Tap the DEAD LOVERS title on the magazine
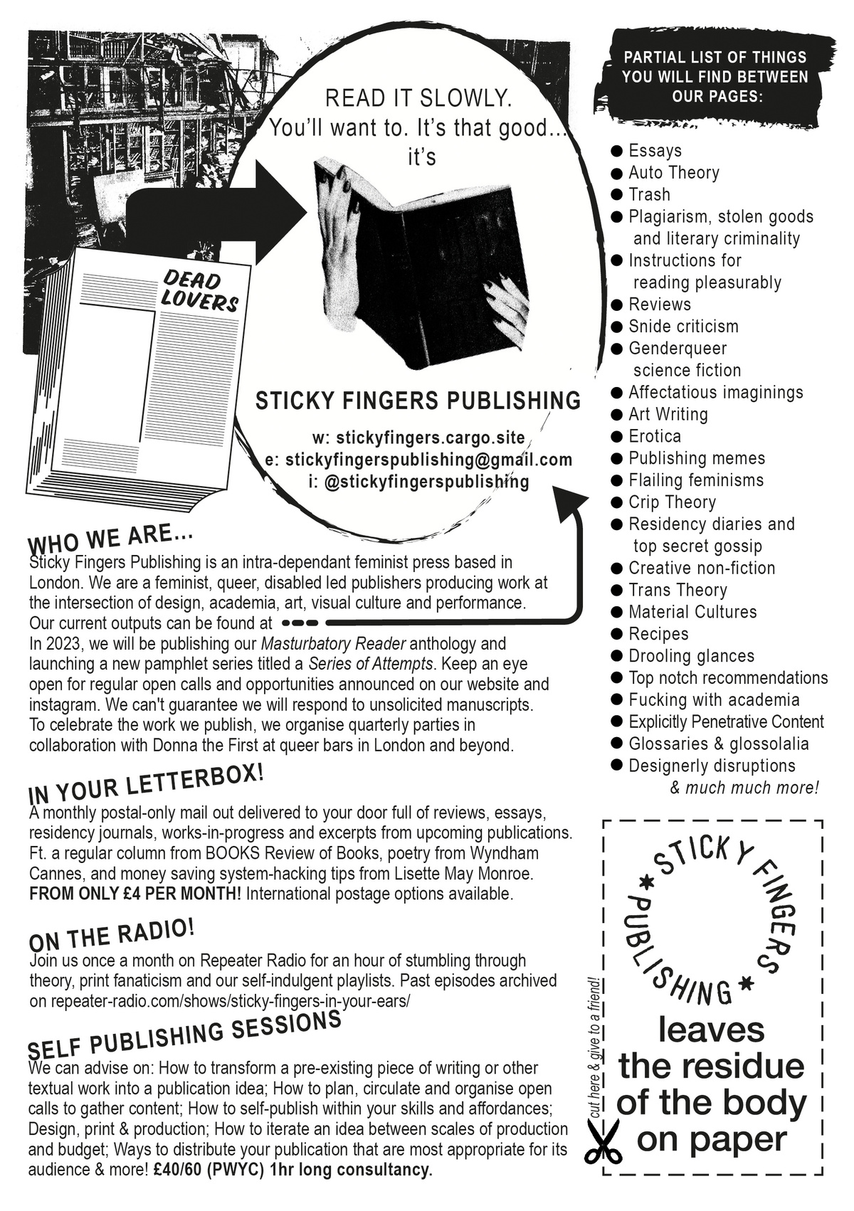click(x=199, y=290)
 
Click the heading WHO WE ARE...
click(x=110, y=539)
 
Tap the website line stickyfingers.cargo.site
click(x=418, y=437)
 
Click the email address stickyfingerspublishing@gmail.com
click(x=418, y=460)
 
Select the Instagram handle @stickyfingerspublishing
click(x=418, y=482)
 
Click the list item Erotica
click(x=654, y=436)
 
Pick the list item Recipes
click(x=658, y=634)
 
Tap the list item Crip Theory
click(x=671, y=502)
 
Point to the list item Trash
click(x=649, y=195)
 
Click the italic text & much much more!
click(x=744, y=788)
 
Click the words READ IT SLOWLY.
click(x=418, y=98)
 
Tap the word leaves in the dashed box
click(x=711, y=1029)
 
